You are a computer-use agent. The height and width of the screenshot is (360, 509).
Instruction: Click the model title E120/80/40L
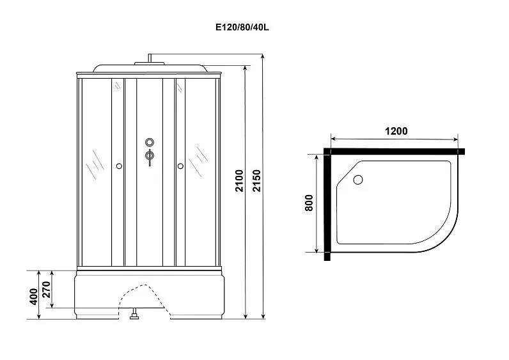pyautogui.click(x=242, y=27)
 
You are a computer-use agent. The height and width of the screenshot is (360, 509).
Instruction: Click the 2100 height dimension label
pyautogui.click(x=239, y=180)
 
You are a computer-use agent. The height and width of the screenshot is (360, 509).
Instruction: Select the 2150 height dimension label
pyautogui.click(x=257, y=180)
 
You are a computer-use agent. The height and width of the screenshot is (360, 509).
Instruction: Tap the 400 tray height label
pyautogui.click(x=34, y=296)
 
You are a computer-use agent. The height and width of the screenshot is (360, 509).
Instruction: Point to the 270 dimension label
pyautogui.click(x=46, y=289)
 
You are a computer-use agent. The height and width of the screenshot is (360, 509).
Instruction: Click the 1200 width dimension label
pyautogui.click(x=396, y=131)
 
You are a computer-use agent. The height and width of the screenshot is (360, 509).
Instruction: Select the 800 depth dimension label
pyautogui.click(x=309, y=203)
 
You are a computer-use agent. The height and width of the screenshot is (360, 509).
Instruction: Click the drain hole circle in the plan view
pyautogui.click(x=358, y=180)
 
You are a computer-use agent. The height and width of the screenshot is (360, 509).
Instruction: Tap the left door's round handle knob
pyautogui.click(x=119, y=166)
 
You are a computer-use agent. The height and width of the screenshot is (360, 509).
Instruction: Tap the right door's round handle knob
pyautogui.click(x=180, y=166)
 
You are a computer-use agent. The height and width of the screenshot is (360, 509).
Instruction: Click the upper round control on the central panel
pyautogui.click(x=150, y=142)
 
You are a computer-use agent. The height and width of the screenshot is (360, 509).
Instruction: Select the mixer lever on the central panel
pyautogui.click(x=150, y=157)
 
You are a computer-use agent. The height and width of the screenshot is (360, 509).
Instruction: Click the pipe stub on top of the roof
pyautogui.click(x=150, y=58)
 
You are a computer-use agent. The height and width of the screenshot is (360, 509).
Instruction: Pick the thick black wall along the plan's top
pyautogui.click(x=395, y=152)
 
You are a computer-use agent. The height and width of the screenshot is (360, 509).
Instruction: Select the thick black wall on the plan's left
pyautogui.click(x=327, y=205)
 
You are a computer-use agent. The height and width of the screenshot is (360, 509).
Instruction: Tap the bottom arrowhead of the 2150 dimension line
pyautogui.click(x=263, y=316)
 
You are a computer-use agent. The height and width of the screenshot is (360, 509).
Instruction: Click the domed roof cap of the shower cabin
pyautogui.click(x=150, y=68)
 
